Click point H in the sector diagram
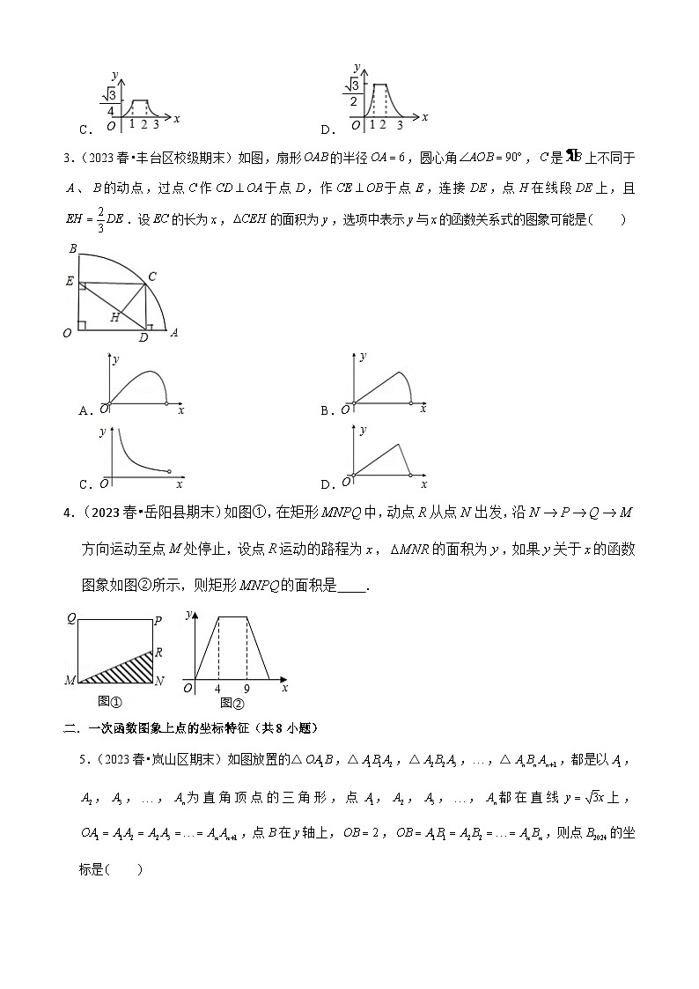(x=115, y=317)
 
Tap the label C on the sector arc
(x=152, y=276)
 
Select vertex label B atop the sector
(x=72, y=249)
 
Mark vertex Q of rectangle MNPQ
(x=70, y=620)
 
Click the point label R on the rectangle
(x=158, y=653)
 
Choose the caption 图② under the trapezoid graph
(x=232, y=703)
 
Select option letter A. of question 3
(x=85, y=410)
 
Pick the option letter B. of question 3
(x=326, y=410)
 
